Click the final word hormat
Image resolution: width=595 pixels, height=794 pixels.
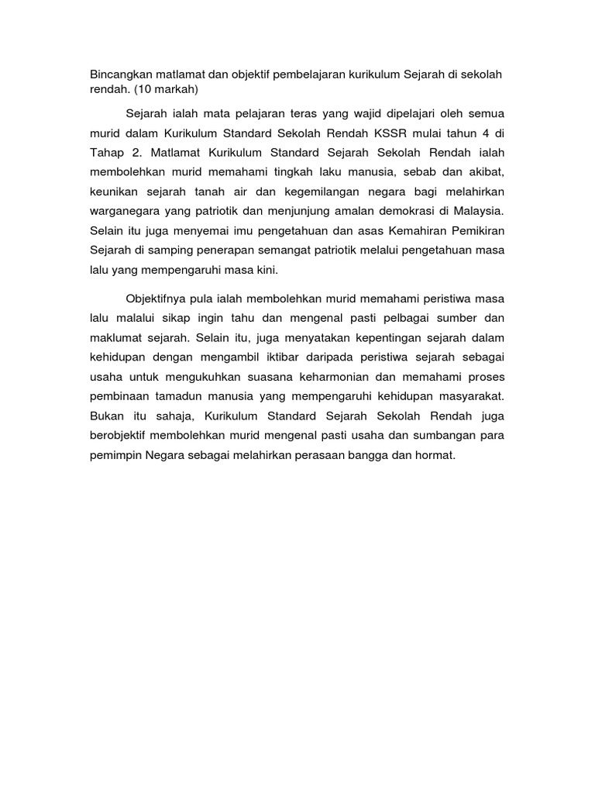click(436, 455)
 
